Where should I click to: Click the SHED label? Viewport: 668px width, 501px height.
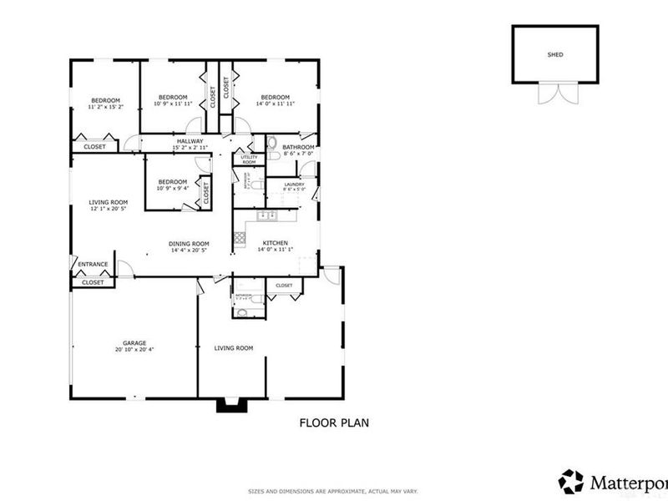pos(555,54)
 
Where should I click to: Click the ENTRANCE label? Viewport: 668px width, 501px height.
pos(93,265)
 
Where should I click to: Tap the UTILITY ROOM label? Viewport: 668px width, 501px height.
pos(249,159)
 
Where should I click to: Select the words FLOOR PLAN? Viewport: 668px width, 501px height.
pos(334,423)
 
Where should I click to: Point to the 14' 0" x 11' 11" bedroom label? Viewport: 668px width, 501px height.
pos(276,101)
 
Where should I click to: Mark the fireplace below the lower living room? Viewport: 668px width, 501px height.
pos(227,406)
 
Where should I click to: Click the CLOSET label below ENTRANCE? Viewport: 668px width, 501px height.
pos(93,282)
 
